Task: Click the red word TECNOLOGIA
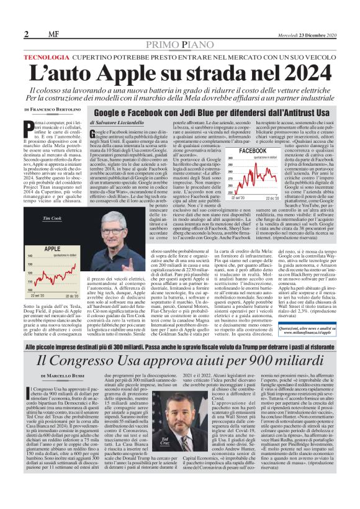46,57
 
